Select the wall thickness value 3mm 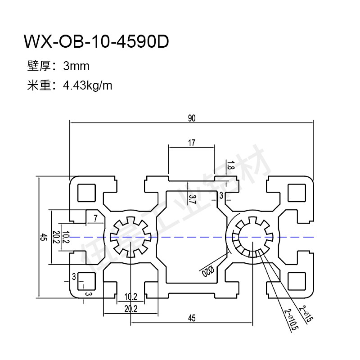[76, 67]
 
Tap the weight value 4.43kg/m [88, 85]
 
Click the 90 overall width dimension [192, 118]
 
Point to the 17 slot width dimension [192, 144]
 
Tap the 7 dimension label [95, 219]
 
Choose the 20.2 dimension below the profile [130, 308]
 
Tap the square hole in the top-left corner [86, 192]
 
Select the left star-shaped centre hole [130, 237]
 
